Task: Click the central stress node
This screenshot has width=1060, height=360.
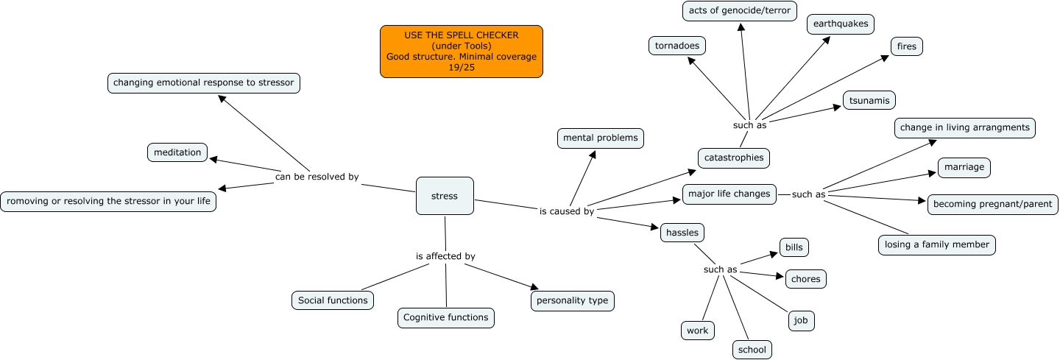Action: pyautogui.click(x=445, y=196)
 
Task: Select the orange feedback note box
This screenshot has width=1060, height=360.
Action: pyautogui.click(x=462, y=52)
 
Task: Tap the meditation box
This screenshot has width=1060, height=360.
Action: pyautogui.click(x=177, y=152)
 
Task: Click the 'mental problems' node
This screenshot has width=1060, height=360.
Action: pyautogui.click(x=601, y=138)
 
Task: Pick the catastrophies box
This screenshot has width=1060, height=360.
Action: pyautogui.click(x=734, y=158)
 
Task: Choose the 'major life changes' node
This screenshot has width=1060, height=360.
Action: pyautogui.click(x=729, y=194)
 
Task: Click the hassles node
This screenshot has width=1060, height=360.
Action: pyautogui.click(x=682, y=232)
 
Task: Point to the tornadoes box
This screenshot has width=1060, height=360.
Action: pyautogui.click(x=677, y=46)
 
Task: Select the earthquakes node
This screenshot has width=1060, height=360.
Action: pyautogui.click(x=841, y=24)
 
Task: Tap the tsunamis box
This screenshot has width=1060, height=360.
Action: pyautogui.click(x=869, y=100)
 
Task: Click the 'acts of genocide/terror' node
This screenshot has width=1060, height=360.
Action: pyautogui.click(x=740, y=10)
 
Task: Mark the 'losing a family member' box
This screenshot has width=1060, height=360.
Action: pyautogui.click(x=937, y=244)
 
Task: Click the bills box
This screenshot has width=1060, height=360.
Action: pyautogui.click(x=794, y=247)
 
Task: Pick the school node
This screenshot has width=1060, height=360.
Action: pyautogui.click(x=752, y=350)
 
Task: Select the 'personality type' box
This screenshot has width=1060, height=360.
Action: pyautogui.click(x=572, y=300)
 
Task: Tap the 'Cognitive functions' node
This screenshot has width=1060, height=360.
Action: pyautogui.click(x=446, y=317)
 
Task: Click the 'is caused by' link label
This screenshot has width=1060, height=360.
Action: pyautogui.click(x=567, y=212)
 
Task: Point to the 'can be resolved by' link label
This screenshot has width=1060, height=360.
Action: pyautogui.click(x=317, y=177)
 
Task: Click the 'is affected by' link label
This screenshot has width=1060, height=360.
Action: pyautogui.click(x=445, y=256)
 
